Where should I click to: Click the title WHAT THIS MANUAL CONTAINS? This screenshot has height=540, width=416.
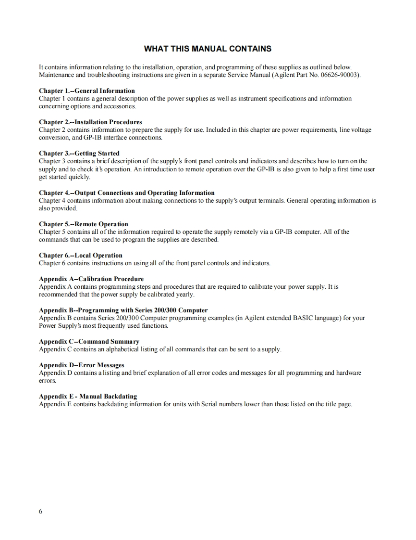click(208, 49)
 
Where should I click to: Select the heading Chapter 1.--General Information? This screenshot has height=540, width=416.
click(86, 90)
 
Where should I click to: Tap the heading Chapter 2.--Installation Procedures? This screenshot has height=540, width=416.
click(90, 122)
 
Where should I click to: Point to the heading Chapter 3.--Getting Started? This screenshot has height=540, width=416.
click(79, 153)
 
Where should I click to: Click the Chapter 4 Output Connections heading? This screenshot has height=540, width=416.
click(126, 193)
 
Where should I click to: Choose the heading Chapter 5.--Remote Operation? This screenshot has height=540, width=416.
click(84, 224)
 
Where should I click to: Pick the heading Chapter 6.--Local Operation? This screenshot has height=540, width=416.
click(81, 255)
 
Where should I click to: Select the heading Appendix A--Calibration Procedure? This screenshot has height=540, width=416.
click(91, 279)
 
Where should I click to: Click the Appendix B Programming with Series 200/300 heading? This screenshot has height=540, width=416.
click(123, 310)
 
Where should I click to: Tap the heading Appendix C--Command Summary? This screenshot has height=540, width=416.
click(89, 341)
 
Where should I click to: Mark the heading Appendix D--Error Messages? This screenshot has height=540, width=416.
click(81, 365)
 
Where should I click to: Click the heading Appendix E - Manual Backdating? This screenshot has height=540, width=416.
click(88, 396)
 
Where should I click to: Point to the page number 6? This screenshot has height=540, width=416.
click(40, 512)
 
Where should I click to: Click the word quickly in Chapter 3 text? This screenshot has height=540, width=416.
click(79, 177)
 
